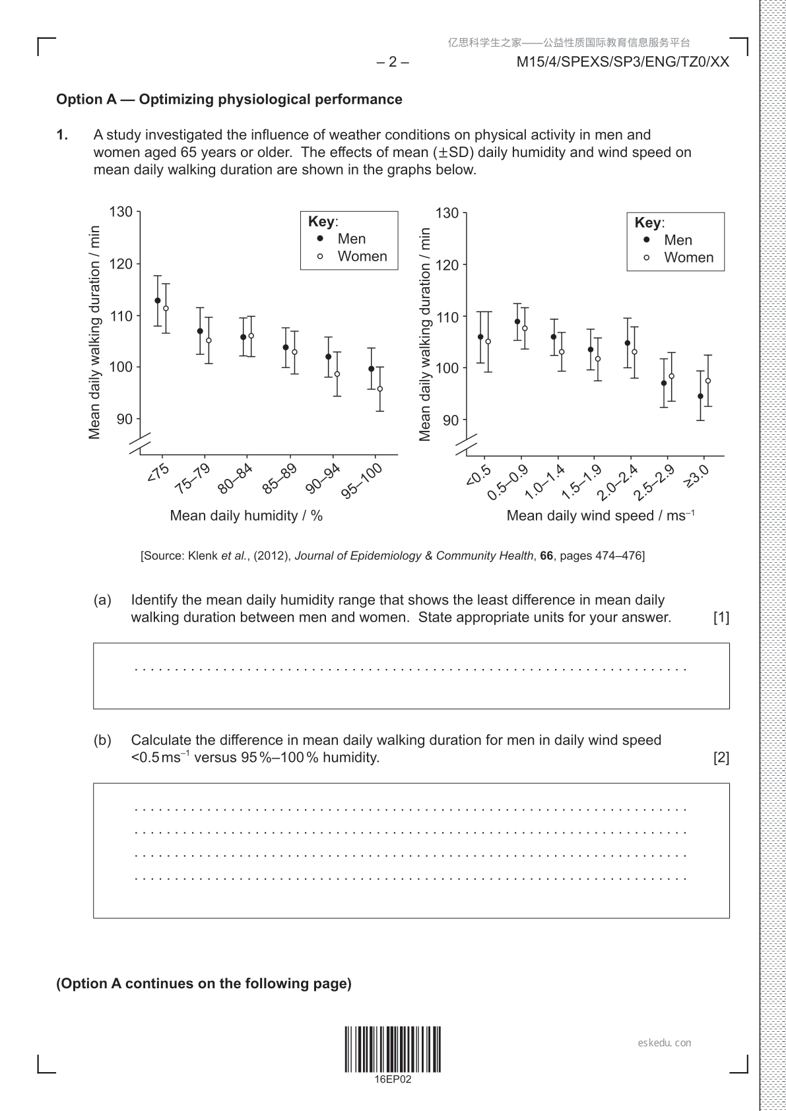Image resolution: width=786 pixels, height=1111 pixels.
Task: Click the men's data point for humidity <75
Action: tap(157, 300)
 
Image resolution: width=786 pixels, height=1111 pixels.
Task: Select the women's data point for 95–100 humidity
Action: tap(379, 389)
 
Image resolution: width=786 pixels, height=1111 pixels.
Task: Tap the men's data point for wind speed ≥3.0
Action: tap(700, 396)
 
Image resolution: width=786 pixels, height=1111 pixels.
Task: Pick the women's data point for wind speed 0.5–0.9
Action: tap(525, 328)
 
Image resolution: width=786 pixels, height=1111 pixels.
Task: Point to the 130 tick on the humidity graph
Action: tap(121, 212)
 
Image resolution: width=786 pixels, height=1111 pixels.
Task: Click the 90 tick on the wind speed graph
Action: tap(451, 420)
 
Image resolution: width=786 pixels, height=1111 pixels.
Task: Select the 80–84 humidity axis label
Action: tap(236, 478)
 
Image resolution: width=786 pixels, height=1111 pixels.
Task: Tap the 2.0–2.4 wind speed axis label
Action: tap(618, 483)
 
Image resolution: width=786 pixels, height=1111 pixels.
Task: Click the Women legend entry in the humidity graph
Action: tap(362, 256)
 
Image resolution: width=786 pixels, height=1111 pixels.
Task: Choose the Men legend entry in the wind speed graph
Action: tap(678, 240)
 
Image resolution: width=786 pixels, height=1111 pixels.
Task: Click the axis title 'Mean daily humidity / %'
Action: tap(246, 515)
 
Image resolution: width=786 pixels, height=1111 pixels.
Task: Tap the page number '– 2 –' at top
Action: tap(393, 62)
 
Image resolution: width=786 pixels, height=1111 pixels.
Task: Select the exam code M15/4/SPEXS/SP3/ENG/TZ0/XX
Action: tap(622, 62)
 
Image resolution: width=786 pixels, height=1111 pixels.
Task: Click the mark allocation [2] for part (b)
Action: tap(721, 757)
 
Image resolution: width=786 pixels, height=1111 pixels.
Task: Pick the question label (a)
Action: tap(102, 600)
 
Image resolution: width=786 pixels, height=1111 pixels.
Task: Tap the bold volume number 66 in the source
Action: tap(546, 555)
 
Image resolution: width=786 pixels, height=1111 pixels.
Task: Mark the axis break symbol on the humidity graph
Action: tap(140, 443)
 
